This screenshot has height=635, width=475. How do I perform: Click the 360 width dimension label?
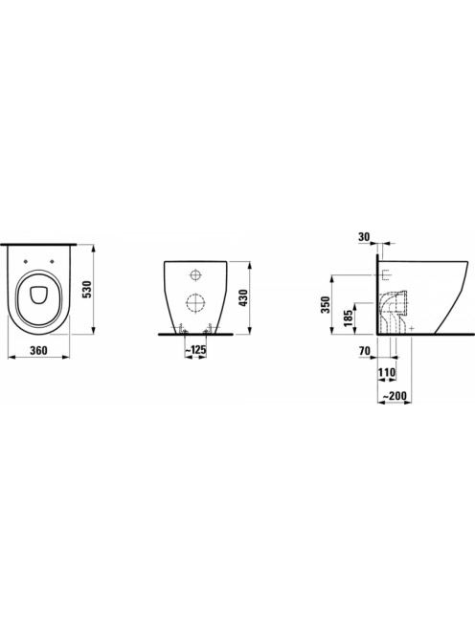point(38,350)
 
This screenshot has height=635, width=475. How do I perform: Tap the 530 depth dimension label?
point(87,290)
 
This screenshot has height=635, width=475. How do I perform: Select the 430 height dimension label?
point(244,298)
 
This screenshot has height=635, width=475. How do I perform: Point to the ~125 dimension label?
point(195,349)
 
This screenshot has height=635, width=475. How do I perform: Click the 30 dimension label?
point(364,237)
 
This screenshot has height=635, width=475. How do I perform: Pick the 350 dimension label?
point(326,304)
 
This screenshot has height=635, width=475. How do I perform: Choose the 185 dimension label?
point(348,319)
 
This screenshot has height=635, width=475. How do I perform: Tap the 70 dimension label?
point(365,351)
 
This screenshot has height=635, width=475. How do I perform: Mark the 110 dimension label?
point(387,372)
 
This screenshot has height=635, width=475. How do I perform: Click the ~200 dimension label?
point(395,395)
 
